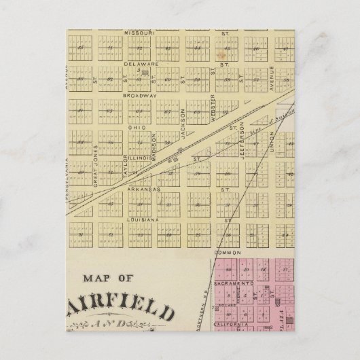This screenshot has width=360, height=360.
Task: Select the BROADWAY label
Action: coord(139,96)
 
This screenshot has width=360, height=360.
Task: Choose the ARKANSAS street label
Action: coord(142,190)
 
